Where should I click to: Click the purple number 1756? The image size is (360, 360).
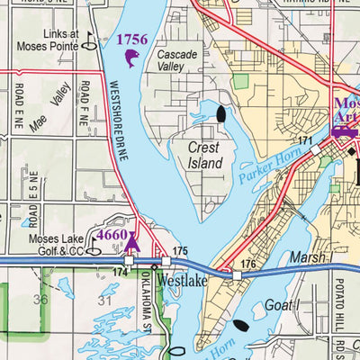click(x=133, y=40)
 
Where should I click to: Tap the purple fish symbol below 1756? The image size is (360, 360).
click(x=131, y=59)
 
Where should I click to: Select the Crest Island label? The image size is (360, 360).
click(x=204, y=155)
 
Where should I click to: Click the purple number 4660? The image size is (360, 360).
click(x=112, y=235)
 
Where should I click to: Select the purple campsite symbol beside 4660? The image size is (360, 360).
click(x=133, y=241)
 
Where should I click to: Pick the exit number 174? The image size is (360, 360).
click(x=119, y=270)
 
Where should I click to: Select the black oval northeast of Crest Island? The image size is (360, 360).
click(x=220, y=114)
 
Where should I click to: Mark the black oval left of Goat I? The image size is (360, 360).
click(x=240, y=326)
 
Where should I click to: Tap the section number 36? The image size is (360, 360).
click(x=39, y=300)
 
